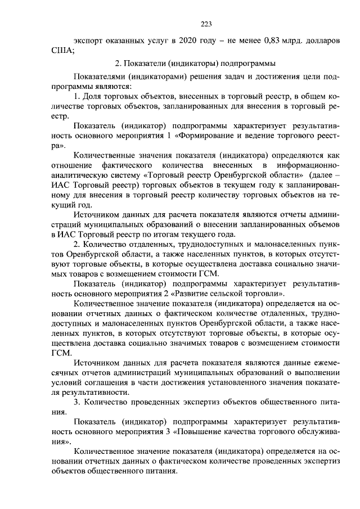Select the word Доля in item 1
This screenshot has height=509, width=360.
(97, 97)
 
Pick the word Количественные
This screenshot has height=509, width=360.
(106, 156)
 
